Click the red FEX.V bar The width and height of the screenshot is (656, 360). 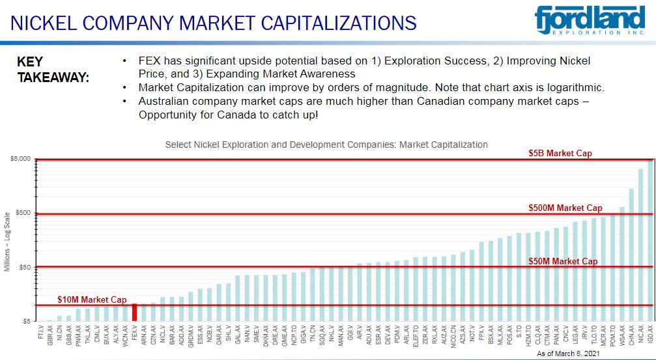coord(134,312)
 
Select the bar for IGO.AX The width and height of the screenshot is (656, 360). coord(650,241)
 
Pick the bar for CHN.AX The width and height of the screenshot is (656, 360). coord(631,255)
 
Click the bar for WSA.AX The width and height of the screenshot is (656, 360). coord(621,264)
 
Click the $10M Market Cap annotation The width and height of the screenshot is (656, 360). coord(92,299)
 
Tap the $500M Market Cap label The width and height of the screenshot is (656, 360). coord(565,208)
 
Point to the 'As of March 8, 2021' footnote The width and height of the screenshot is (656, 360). coord(567,353)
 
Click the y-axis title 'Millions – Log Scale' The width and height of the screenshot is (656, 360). coord(8,242)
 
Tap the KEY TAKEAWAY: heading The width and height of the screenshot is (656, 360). coord(53,70)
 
